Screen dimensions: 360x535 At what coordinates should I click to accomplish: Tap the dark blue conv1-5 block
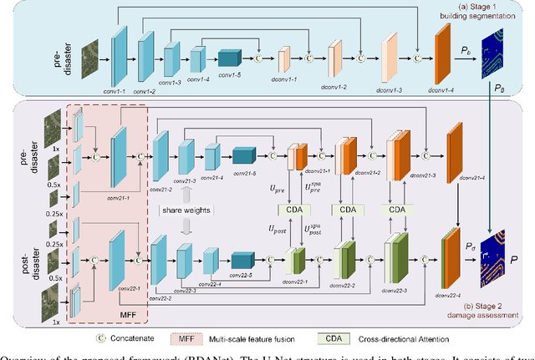[x=229, y=59]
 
